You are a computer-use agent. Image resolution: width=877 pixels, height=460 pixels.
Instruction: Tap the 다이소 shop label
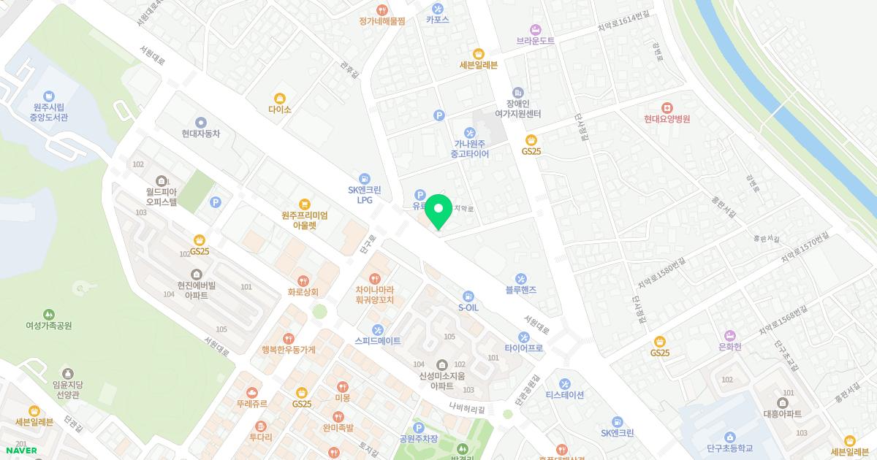(x=279, y=110)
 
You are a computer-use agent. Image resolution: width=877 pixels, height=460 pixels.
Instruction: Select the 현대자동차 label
(x=201, y=134)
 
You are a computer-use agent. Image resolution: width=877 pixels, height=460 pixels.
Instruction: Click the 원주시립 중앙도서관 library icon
(x=49, y=96)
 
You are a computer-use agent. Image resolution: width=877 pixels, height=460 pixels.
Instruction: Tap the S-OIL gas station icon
(x=468, y=296)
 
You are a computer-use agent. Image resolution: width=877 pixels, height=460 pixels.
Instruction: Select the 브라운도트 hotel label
(x=536, y=41)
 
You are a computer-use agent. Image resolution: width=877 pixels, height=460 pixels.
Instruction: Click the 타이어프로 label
(x=524, y=349)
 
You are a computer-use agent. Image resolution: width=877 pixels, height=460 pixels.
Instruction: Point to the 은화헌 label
(x=729, y=347)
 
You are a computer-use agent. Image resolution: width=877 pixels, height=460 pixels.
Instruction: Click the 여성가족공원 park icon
(x=49, y=314)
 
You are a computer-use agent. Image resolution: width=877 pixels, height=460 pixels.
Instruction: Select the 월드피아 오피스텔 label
(x=161, y=197)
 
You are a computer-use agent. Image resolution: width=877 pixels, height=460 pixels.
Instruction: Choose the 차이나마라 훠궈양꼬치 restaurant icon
(x=375, y=279)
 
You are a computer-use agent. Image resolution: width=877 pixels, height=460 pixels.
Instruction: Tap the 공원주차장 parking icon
(x=418, y=427)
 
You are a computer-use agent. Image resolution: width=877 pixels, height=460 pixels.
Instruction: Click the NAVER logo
(x=20, y=451)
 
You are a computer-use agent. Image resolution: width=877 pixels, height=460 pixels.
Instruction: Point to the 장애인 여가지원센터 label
(x=517, y=109)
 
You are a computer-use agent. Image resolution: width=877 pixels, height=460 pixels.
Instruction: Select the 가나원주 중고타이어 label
(x=469, y=149)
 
